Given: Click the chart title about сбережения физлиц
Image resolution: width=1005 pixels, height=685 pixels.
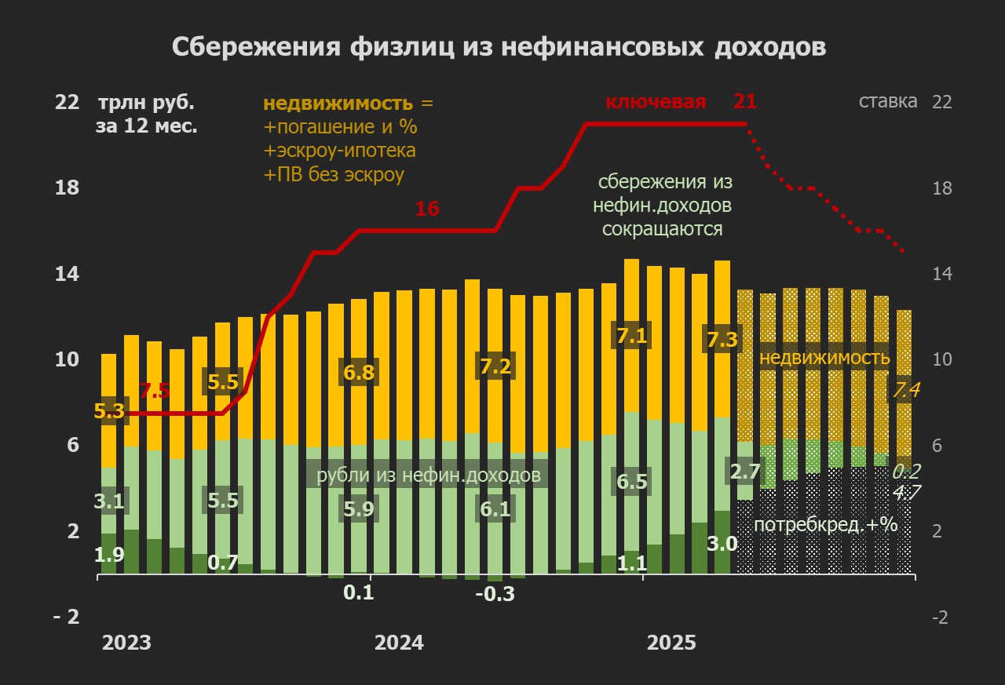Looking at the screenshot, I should coord(499,47).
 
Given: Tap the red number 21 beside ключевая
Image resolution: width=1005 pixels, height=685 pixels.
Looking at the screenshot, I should coord(744,101).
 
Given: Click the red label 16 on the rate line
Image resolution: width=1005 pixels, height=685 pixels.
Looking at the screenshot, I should coord(427,210).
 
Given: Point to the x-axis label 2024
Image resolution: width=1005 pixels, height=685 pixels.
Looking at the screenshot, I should coord(399,643).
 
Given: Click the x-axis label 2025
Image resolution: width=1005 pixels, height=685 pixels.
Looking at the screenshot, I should coord(671,643).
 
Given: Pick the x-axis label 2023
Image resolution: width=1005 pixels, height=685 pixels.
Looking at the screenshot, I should coord(126,643).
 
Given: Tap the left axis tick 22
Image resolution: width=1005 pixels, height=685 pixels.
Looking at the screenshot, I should coord(67,102).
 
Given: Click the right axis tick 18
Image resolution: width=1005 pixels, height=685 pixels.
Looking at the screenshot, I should coord(941,188).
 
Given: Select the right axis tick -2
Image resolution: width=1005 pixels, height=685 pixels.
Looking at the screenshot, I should coord(941,618).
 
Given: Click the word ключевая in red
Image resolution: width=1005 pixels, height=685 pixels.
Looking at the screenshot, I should coord(656,102).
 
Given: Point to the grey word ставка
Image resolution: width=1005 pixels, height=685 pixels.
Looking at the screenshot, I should coord(888,101).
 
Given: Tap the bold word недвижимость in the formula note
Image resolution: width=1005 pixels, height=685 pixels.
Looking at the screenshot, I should coord(338,104).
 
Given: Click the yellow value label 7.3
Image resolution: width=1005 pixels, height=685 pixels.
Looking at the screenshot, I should coord(722,340).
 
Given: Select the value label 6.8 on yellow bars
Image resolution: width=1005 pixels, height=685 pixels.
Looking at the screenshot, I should coord(359,371).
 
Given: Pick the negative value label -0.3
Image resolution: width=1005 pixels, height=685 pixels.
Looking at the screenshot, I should coord(495,594).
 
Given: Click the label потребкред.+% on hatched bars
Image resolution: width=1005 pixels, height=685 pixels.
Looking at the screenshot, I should coord(825,525).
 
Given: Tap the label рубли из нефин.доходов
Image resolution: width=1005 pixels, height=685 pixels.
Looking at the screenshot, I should coord(429,475).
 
